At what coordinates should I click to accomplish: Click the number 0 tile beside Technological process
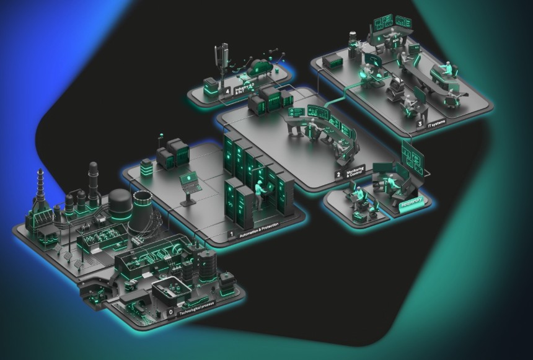tap(171, 313)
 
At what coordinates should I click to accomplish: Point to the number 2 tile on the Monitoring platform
tap(338, 175)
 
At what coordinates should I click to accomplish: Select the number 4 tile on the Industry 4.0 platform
tap(228, 91)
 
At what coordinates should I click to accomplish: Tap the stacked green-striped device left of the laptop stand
tap(146, 167)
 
